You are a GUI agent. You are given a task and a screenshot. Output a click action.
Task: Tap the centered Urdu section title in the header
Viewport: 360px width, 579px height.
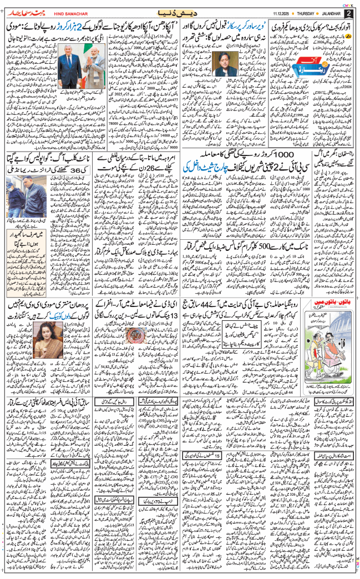coord(179,12)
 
